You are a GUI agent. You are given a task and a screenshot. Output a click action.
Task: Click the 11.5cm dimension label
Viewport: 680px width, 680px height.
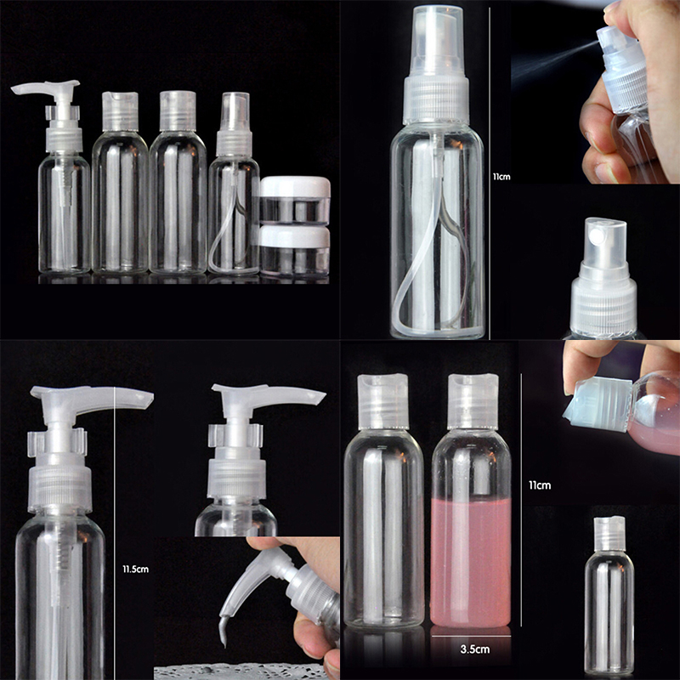(x=135, y=569)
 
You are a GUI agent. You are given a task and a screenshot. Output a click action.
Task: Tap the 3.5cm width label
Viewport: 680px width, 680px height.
(x=475, y=649)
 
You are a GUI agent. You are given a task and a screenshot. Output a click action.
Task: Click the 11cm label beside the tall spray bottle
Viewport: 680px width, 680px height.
(x=501, y=177)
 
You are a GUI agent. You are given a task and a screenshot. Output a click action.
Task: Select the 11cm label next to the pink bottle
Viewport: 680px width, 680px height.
(x=540, y=484)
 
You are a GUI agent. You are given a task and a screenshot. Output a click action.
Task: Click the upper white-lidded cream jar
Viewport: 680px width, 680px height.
(x=295, y=200)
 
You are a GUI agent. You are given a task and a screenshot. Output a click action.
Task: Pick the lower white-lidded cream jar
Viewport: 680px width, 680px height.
(x=295, y=251)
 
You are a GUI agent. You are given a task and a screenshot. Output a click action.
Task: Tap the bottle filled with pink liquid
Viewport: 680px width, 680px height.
(x=472, y=501)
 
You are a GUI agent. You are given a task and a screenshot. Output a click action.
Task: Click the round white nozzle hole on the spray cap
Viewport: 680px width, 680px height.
(x=598, y=235)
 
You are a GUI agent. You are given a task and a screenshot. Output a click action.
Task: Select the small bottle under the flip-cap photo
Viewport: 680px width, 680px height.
(x=609, y=595)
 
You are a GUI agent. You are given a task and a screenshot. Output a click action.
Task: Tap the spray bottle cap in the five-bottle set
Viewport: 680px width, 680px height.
(x=235, y=123)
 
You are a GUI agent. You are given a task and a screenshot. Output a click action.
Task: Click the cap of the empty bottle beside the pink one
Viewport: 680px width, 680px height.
(x=383, y=401)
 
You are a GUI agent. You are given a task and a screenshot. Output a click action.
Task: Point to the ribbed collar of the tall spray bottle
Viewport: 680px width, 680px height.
(x=436, y=100)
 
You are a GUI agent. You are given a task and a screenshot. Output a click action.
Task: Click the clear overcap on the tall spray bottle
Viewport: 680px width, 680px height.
(x=438, y=42)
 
